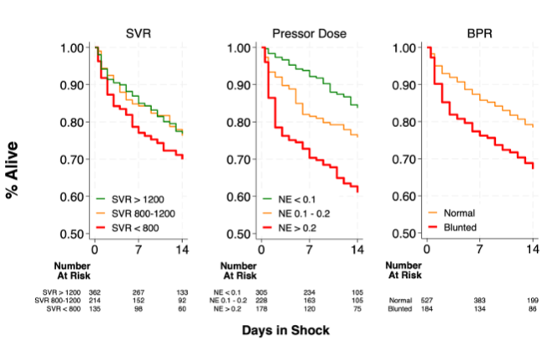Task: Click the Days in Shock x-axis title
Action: pyautogui.click(x=286, y=331)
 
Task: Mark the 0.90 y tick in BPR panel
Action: pyautogui.click(x=408, y=85)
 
